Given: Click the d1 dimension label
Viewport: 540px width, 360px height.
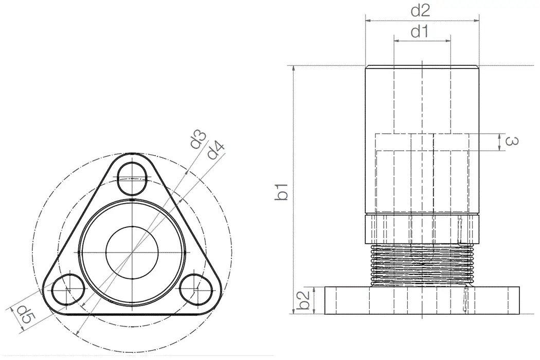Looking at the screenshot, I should pyautogui.click(x=420, y=32).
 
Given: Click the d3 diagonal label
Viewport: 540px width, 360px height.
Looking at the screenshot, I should pyautogui.click(x=199, y=140).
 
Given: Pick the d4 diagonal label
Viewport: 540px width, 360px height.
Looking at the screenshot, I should pyautogui.click(x=216, y=151).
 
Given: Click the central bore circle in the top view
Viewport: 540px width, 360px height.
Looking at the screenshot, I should pyautogui.click(x=132, y=251).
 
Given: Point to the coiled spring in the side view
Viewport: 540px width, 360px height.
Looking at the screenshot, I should pyautogui.click(x=422, y=264).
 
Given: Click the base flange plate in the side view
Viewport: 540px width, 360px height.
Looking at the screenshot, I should pyautogui.click(x=422, y=300).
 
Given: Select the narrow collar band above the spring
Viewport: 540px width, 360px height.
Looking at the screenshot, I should pyautogui.click(x=422, y=229).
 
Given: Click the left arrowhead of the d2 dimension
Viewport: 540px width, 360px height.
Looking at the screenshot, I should pyautogui.click(x=368, y=21).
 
